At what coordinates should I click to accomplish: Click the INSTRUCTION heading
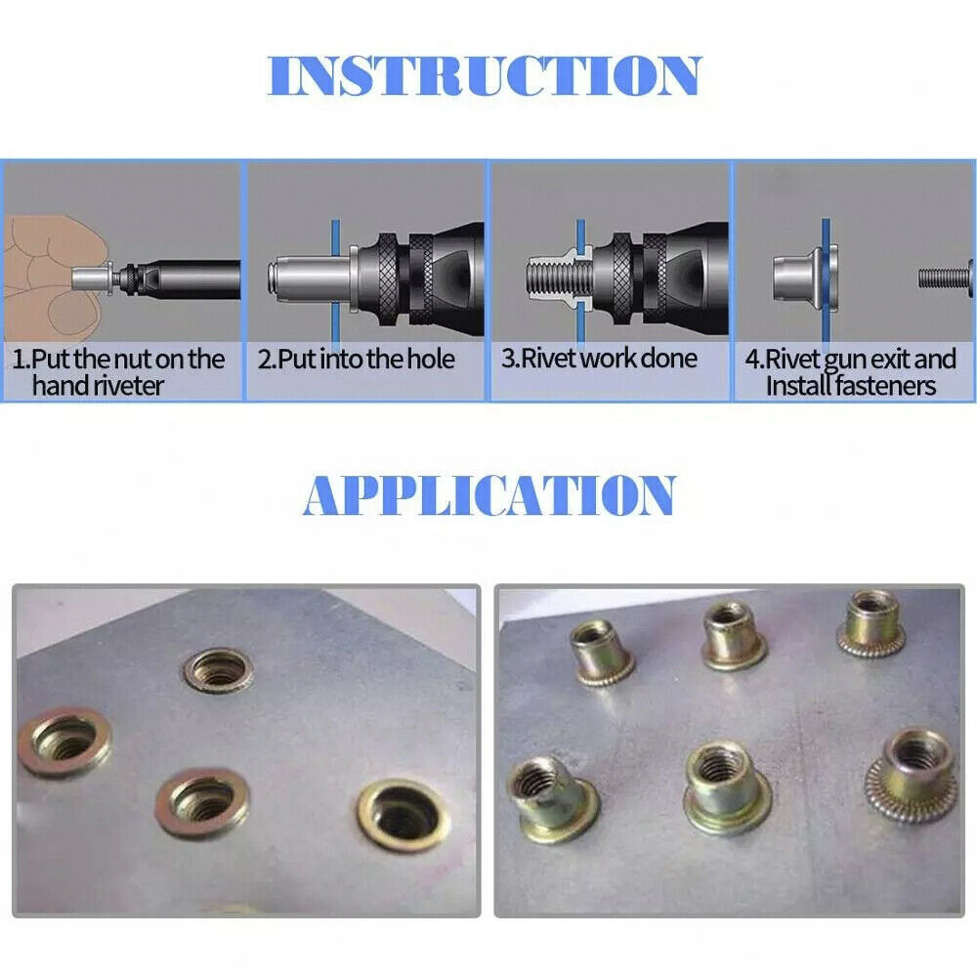[x=486, y=76]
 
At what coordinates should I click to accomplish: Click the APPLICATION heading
[x=488, y=496]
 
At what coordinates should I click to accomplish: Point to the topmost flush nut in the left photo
[x=218, y=668]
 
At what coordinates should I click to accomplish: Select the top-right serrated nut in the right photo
[x=871, y=621]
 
